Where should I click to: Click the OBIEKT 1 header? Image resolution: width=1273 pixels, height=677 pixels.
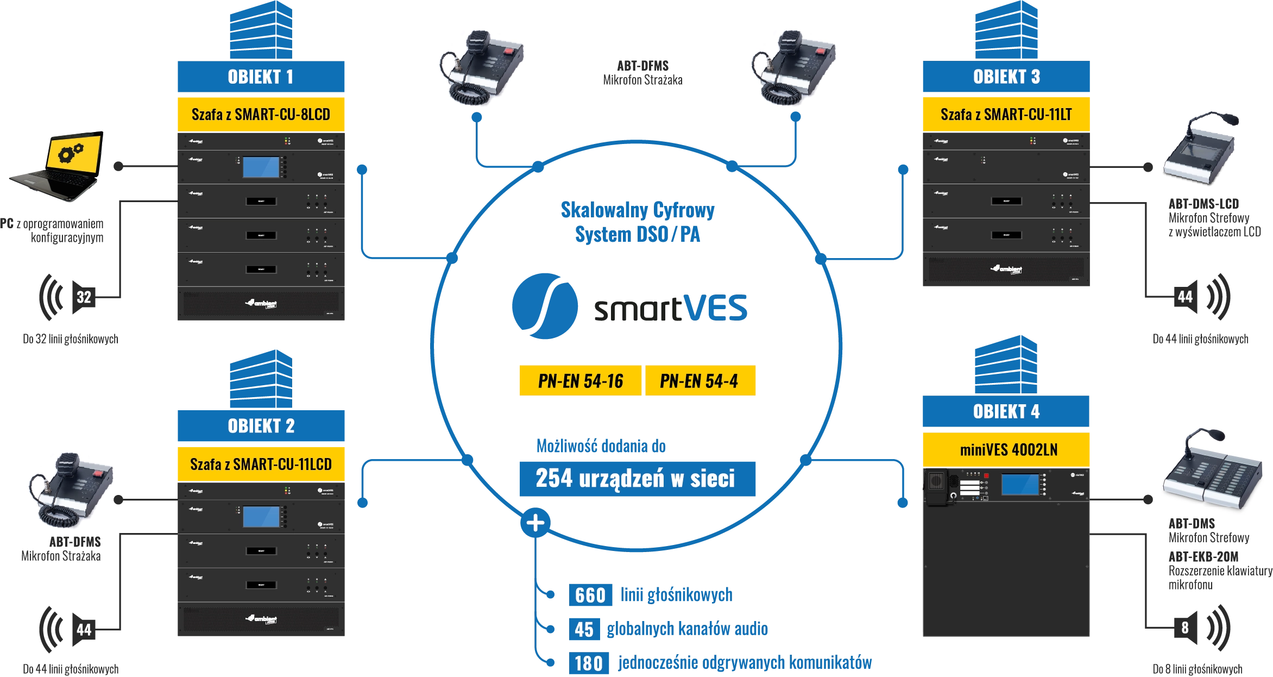[x=261, y=77]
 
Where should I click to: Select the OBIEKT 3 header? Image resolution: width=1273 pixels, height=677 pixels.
[x=1006, y=77]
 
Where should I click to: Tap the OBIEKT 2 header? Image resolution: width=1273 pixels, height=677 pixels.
[x=261, y=426]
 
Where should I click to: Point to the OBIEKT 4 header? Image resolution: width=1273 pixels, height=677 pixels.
[x=1006, y=412]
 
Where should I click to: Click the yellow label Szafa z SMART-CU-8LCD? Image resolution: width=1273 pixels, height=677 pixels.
[x=261, y=115]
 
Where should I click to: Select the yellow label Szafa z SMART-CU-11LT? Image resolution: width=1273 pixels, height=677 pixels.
[x=1006, y=115]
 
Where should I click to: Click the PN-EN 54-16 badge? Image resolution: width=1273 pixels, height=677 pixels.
[x=580, y=381]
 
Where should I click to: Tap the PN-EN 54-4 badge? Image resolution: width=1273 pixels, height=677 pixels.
[x=699, y=381]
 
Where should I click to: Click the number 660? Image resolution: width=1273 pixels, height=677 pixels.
[x=590, y=595]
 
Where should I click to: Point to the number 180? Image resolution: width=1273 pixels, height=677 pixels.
[x=589, y=663]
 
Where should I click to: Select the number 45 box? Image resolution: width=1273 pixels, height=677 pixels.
[x=584, y=629]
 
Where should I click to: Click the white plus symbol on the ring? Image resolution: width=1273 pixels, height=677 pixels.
[x=535, y=523]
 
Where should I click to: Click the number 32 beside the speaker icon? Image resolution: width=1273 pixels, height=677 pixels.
[x=84, y=297]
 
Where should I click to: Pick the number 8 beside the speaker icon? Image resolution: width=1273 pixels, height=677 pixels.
[x=1185, y=628]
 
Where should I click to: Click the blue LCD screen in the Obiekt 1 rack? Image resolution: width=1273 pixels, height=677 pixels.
[x=261, y=167]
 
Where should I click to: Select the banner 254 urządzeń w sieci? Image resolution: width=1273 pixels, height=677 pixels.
[x=636, y=479]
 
